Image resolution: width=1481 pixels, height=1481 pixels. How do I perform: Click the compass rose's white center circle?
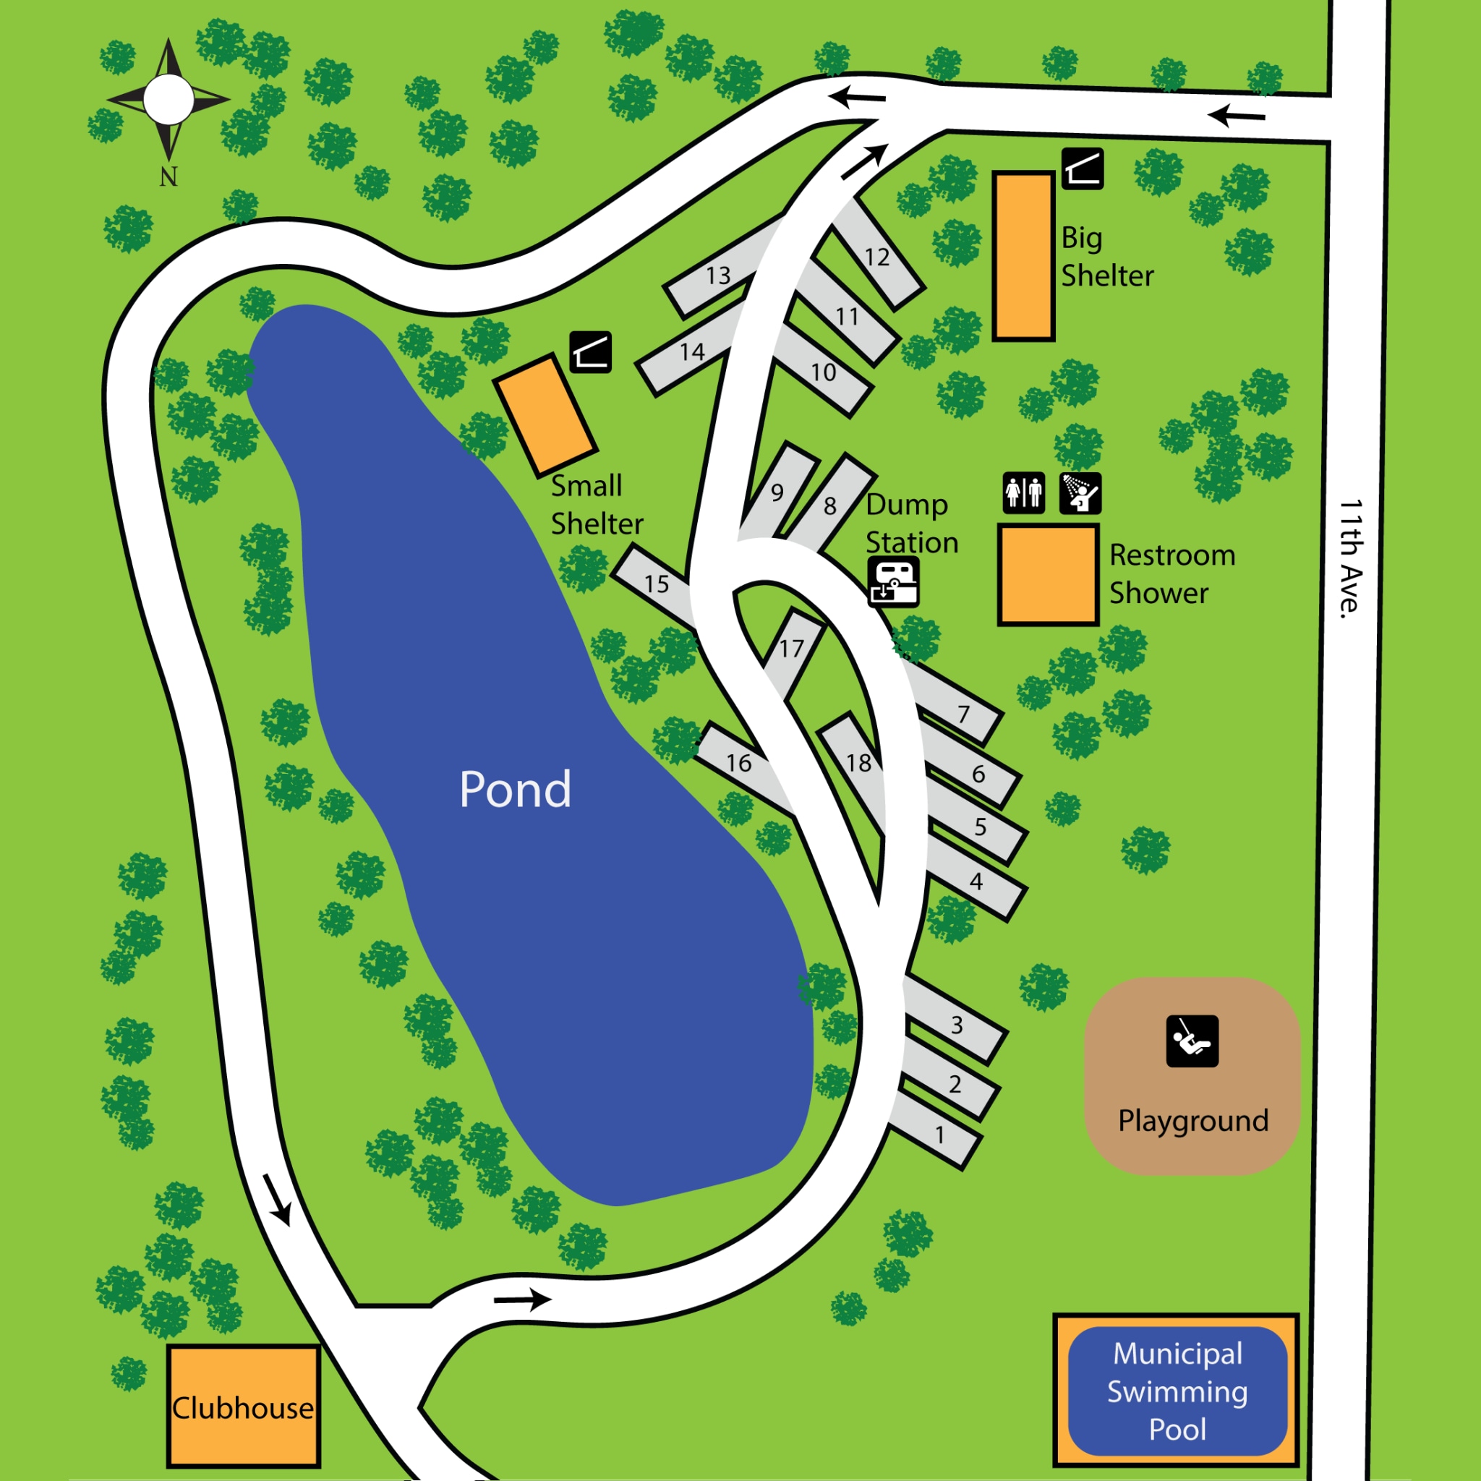[168, 100]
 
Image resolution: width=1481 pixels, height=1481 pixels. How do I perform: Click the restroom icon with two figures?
[1023, 492]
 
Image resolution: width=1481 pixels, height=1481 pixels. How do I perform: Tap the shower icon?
[1080, 492]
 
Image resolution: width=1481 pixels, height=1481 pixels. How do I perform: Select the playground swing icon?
[1192, 1041]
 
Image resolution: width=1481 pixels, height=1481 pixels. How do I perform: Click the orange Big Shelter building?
[1023, 256]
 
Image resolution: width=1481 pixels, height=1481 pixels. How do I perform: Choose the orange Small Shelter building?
[545, 414]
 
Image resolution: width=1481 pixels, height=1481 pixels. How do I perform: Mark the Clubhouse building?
[243, 1407]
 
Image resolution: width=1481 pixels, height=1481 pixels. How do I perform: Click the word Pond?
[515, 790]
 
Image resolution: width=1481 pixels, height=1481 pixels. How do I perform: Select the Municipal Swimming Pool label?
[1177, 1391]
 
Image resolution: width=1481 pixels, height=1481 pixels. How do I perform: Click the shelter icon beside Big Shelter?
[1083, 168]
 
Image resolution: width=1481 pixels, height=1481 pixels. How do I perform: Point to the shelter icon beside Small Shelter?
[590, 352]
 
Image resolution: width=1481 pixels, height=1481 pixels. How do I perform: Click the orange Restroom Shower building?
[1048, 574]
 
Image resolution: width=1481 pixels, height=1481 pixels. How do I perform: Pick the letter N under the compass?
[168, 177]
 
